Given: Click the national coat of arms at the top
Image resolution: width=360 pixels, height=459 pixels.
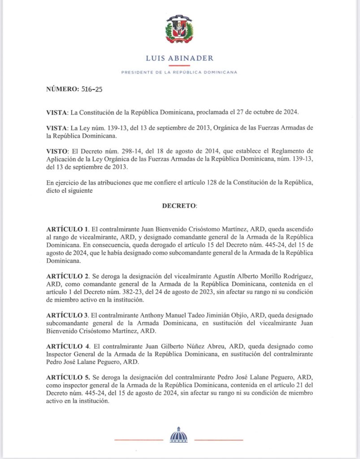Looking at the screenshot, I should tap(180, 29).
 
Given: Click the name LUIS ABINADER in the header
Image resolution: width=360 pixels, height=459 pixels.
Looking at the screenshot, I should tap(180, 58).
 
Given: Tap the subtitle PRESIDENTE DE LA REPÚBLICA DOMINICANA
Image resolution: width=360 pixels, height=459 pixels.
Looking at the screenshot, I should tap(180, 73).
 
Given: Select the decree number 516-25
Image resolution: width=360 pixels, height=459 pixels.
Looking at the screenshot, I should tap(92, 90).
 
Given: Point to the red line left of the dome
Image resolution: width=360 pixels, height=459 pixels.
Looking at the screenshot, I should tap(139, 440).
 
